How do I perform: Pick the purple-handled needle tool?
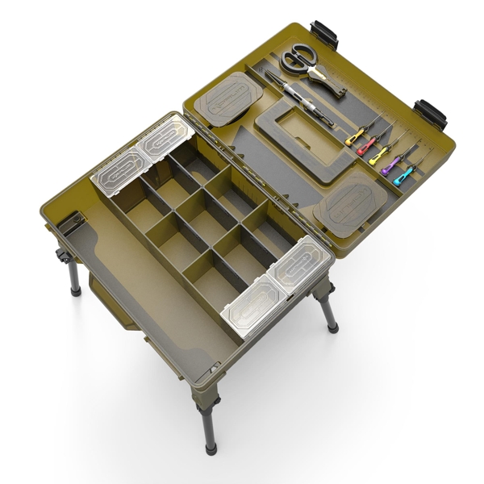pyautogui.click(x=391, y=167)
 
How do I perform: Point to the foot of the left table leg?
pyautogui.click(x=75, y=290)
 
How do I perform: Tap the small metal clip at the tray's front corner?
pyautogui.click(x=212, y=370)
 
